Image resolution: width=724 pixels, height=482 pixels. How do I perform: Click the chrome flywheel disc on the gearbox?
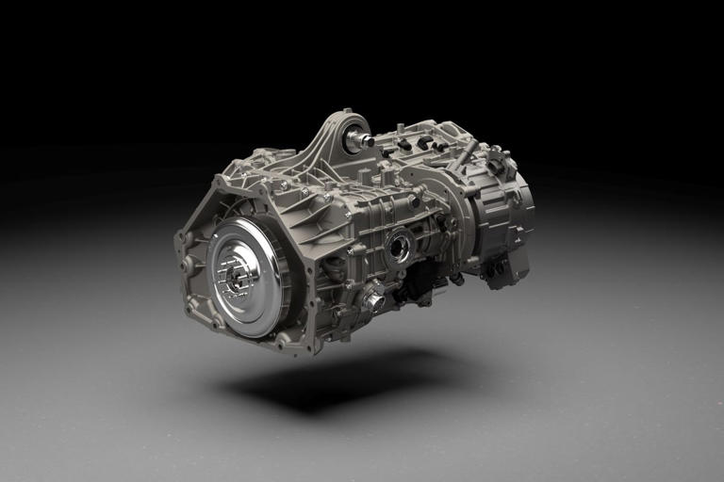pyautogui.click(x=247, y=275)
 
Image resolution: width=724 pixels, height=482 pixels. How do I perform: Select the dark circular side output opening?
pyautogui.click(x=398, y=249)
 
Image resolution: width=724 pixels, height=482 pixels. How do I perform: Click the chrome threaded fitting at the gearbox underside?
pyautogui.click(x=373, y=302)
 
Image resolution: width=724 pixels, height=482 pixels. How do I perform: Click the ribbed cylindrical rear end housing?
pyautogui.click(x=505, y=216)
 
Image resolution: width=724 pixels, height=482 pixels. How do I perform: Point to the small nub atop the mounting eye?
pyautogui.click(x=346, y=112)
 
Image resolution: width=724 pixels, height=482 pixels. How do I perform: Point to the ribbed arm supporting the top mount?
pyautogui.click(x=321, y=155)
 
